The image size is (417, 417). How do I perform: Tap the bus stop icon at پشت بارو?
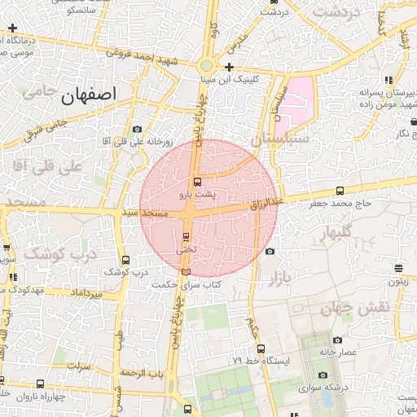(x=197, y=182)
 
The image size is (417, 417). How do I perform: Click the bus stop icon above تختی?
(x=187, y=238)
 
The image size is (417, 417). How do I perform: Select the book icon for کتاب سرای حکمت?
(x=187, y=271)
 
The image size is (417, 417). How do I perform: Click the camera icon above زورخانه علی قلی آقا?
(x=137, y=129)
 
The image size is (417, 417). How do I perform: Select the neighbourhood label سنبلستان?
(x=279, y=139)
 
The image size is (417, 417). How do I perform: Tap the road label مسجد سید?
(x=145, y=213)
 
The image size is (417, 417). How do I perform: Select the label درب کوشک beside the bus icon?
(x=130, y=272)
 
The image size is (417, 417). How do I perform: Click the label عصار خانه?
(x=339, y=351)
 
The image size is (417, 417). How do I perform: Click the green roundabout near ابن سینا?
(x=207, y=66)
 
